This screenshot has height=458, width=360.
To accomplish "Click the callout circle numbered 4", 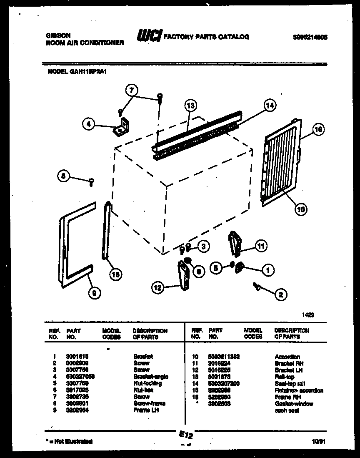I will click(88, 123).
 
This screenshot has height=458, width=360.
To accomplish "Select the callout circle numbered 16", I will click(318, 130).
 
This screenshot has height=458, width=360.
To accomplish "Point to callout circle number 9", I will click(95, 294).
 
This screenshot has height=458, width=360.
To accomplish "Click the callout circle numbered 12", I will click(157, 287).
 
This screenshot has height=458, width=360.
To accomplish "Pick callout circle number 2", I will click(280, 295).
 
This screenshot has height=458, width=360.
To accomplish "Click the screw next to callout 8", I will click(91, 181).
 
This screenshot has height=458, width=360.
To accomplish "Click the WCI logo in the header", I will click(149, 36).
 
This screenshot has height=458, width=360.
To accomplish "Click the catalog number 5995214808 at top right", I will click(310, 37).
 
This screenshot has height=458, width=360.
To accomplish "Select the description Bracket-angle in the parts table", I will click(151, 377).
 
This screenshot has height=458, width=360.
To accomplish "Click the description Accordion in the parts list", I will click(287, 357).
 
